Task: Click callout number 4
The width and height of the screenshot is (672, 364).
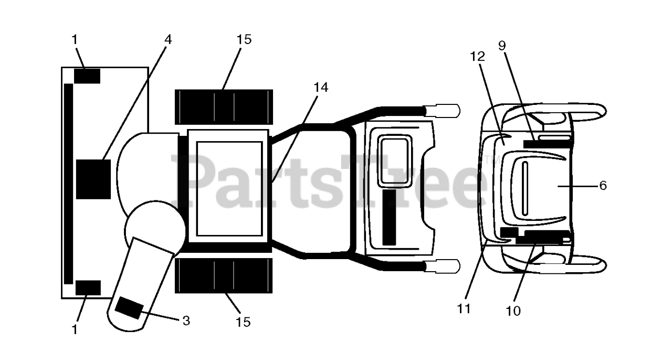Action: pos(167,40)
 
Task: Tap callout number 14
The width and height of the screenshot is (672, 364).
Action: pos(321,88)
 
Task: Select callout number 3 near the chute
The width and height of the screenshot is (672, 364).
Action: pos(186,320)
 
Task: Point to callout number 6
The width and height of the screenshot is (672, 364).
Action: pos(603,186)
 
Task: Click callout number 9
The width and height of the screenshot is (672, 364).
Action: pos(502,45)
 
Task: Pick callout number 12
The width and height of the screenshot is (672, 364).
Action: pos(477,57)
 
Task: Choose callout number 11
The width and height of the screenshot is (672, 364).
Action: pos(464,308)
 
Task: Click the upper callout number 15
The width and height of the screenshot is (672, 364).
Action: pos(244,40)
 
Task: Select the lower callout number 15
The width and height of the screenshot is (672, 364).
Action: pos(243,322)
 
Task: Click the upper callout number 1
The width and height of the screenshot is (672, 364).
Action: pos(75,40)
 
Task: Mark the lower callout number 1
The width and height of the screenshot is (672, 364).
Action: pos(75,329)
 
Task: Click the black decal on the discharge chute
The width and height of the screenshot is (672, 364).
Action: pos(129,308)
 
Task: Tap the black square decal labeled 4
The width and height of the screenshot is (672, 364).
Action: pos(93,179)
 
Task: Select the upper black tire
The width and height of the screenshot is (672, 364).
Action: pos(224,107)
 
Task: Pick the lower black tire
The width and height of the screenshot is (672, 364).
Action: pos(224,275)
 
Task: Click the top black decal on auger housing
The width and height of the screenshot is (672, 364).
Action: pos(87,76)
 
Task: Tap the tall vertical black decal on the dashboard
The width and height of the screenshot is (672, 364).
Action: pos(389,217)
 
